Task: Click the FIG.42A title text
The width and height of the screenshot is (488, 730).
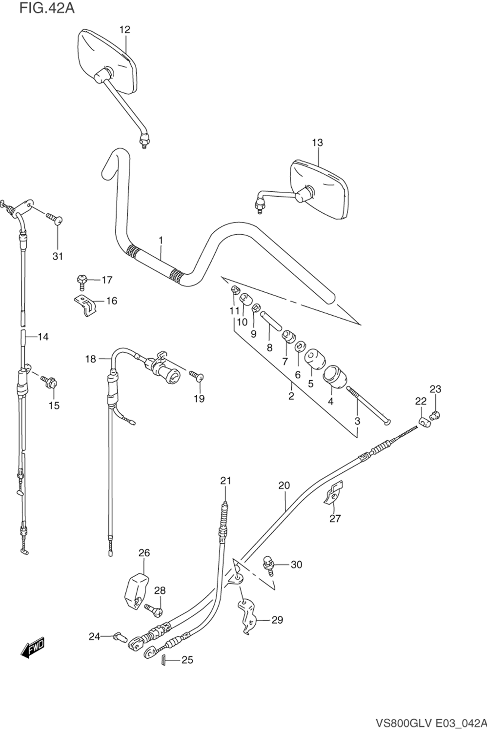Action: coord(47,8)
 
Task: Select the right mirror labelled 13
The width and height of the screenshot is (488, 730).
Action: coord(320,188)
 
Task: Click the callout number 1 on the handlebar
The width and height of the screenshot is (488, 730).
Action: coord(161,241)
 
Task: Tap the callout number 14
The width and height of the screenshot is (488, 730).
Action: coord(43,337)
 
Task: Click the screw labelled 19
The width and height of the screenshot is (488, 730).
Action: coord(196,376)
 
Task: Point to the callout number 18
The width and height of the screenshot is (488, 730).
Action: coord(91,360)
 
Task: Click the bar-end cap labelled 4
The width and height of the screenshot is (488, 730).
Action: coord(333,377)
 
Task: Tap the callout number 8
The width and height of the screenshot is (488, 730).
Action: coord(269,348)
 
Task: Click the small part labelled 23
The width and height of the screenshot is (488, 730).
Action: coord(434,416)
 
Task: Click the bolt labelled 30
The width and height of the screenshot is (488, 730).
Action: coord(268,563)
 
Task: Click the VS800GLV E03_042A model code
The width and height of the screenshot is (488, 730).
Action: coord(431,723)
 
